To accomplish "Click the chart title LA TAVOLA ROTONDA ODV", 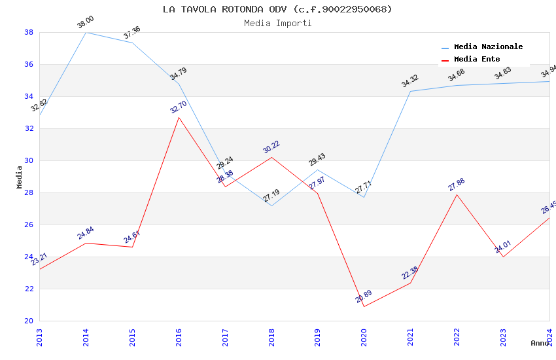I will [x=277, y=9].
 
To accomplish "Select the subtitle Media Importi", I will [x=277, y=24].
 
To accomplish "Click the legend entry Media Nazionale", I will [x=488, y=47].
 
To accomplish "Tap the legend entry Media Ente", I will [x=477, y=60].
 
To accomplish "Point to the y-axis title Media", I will [x=19, y=177].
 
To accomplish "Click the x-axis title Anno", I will [x=540, y=343].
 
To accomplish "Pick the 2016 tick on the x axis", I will [x=179, y=337].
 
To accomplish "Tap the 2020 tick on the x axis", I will [x=364, y=337].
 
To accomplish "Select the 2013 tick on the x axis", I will [x=40, y=337].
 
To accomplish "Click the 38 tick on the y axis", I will [x=29, y=32].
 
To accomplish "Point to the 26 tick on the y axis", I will [x=29, y=225].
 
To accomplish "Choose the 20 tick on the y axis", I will [x=29, y=321].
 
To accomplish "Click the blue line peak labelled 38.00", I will [x=86, y=32].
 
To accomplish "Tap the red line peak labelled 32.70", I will [x=179, y=117].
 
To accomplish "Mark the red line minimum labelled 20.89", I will [x=364, y=306].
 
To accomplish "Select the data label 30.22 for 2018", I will [x=271, y=147].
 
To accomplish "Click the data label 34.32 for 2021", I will [x=410, y=81].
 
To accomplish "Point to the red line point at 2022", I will [x=457, y=194].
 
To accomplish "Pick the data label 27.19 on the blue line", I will [x=271, y=196].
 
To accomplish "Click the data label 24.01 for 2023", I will [x=503, y=247].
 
